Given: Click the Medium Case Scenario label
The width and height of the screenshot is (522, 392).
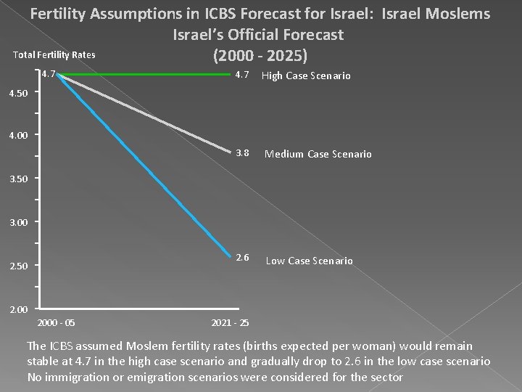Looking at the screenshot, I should (x=318, y=154).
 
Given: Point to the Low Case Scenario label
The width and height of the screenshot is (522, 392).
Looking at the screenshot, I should (x=309, y=261).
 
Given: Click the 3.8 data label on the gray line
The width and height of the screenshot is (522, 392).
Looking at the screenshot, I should (x=242, y=153).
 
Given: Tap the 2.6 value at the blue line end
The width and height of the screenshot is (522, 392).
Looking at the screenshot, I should (x=242, y=258).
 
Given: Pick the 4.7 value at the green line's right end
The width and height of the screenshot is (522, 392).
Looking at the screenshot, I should (x=242, y=75).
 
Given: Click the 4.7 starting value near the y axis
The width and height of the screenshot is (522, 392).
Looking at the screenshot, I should (x=49, y=74).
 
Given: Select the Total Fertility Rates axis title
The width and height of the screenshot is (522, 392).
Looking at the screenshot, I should (x=54, y=55).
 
